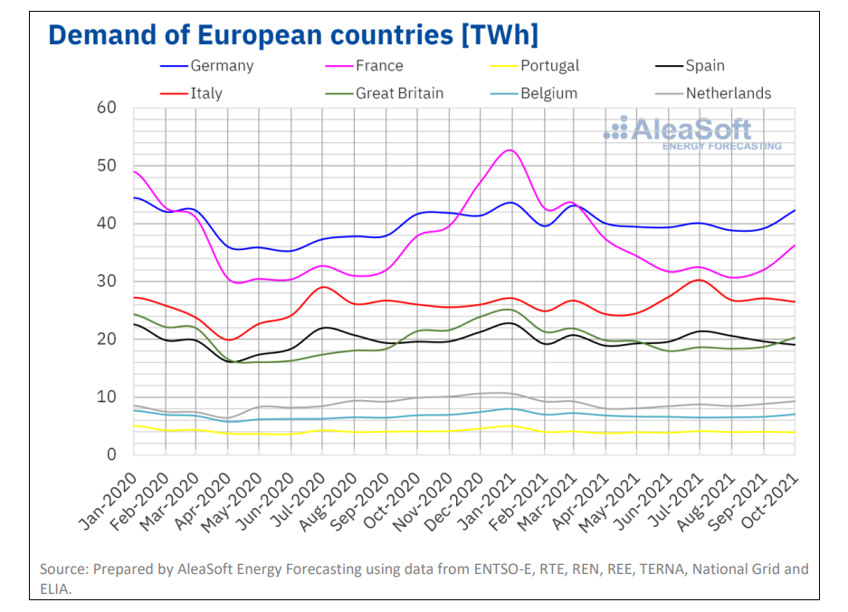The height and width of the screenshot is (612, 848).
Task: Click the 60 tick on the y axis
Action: (x=107, y=108)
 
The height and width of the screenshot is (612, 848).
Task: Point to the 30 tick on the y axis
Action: (x=107, y=282)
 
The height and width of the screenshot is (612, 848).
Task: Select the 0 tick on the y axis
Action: (x=111, y=454)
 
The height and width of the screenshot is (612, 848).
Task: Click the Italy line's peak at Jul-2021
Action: (x=698, y=280)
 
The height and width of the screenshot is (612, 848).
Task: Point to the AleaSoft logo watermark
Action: (x=692, y=130)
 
